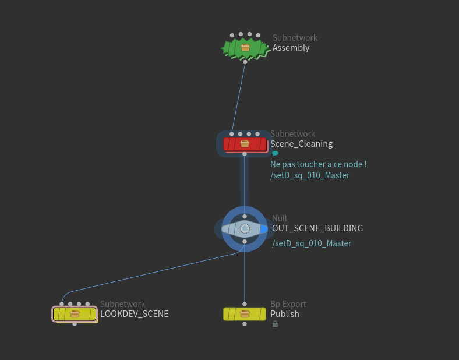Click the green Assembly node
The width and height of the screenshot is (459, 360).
(245, 48)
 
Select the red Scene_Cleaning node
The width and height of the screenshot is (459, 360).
(245, 144)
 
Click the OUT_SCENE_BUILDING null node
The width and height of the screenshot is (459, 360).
(245, 228)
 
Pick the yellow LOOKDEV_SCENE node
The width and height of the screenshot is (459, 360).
(75, 314)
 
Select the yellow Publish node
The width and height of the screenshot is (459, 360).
(245, 314)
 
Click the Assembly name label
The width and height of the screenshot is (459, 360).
(291, 48)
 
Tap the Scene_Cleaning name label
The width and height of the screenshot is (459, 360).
(301, 144)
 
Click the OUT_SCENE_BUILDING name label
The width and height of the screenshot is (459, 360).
(317, 228)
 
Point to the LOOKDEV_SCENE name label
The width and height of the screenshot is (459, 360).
(134, 314)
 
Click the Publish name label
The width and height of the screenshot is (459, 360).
(284, 314)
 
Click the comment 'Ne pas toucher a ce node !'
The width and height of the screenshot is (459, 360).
(318, 164)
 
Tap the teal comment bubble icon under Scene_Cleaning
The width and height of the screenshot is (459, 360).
(275, 154)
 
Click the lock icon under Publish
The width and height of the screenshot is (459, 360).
(275, 324)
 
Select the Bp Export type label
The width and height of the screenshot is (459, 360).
(288, 304)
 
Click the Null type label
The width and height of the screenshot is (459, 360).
(280, 218)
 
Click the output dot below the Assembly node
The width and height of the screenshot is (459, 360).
(245, 62)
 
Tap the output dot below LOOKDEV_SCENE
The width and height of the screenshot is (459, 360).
(75, 324)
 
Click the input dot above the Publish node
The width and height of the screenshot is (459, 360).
(245, 304)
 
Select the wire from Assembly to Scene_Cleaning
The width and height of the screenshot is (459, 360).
(239, 97)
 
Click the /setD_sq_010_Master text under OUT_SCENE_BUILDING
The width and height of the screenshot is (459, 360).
(312, 243)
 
